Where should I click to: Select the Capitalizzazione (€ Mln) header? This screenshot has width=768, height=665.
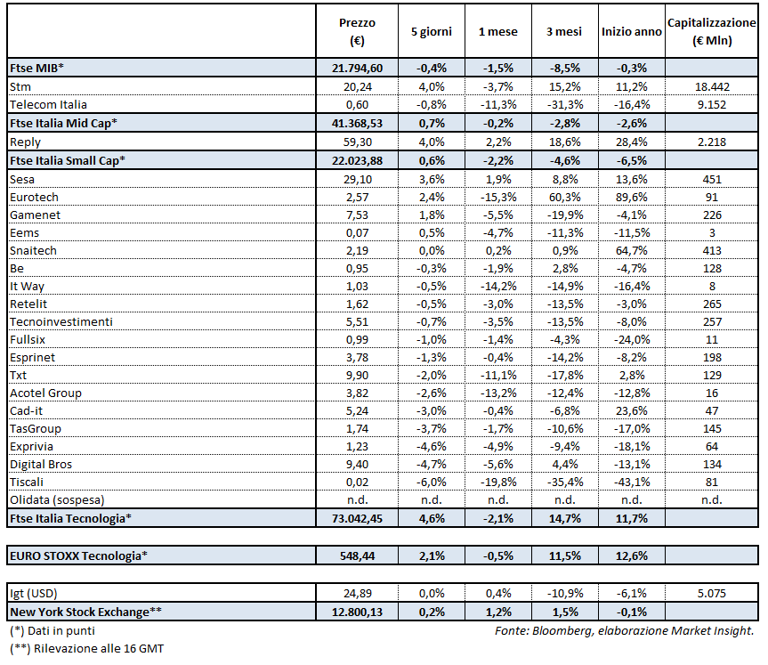711,31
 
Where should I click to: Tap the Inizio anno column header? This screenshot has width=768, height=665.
631,32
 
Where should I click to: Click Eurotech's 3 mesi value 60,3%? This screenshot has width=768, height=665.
564,197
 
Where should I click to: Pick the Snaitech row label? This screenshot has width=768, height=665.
33,250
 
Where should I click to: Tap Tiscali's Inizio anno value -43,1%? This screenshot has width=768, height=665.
632,483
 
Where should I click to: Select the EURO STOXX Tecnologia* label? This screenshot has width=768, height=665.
78,556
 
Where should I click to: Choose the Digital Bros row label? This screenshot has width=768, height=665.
41,465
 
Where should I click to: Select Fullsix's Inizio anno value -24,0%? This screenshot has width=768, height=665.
632,339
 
